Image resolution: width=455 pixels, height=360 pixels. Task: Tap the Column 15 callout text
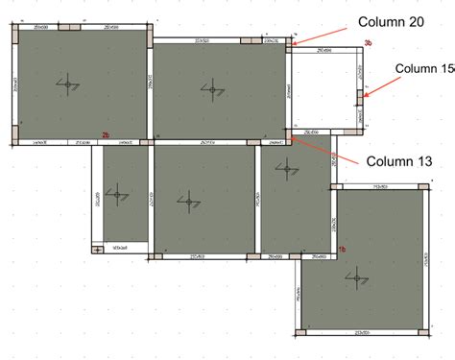click(x=425, y=68)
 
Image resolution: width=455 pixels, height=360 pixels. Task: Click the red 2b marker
click(x=107, y=135)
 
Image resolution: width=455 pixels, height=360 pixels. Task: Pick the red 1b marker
click(x=341, y=249)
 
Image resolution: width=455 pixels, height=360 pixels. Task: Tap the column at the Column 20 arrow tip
click(x=291, y=43)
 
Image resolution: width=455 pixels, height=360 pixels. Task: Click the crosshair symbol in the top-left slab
click(x=69, y=87)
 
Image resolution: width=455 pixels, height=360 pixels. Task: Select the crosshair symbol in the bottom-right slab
click(x=360, y=277)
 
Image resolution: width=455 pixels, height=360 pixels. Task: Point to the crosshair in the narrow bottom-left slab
click(x=117, y=195)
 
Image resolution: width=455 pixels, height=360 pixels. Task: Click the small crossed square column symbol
click(x=98, y=250)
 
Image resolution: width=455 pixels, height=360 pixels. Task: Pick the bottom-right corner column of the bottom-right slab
click(x=421, y=332)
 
